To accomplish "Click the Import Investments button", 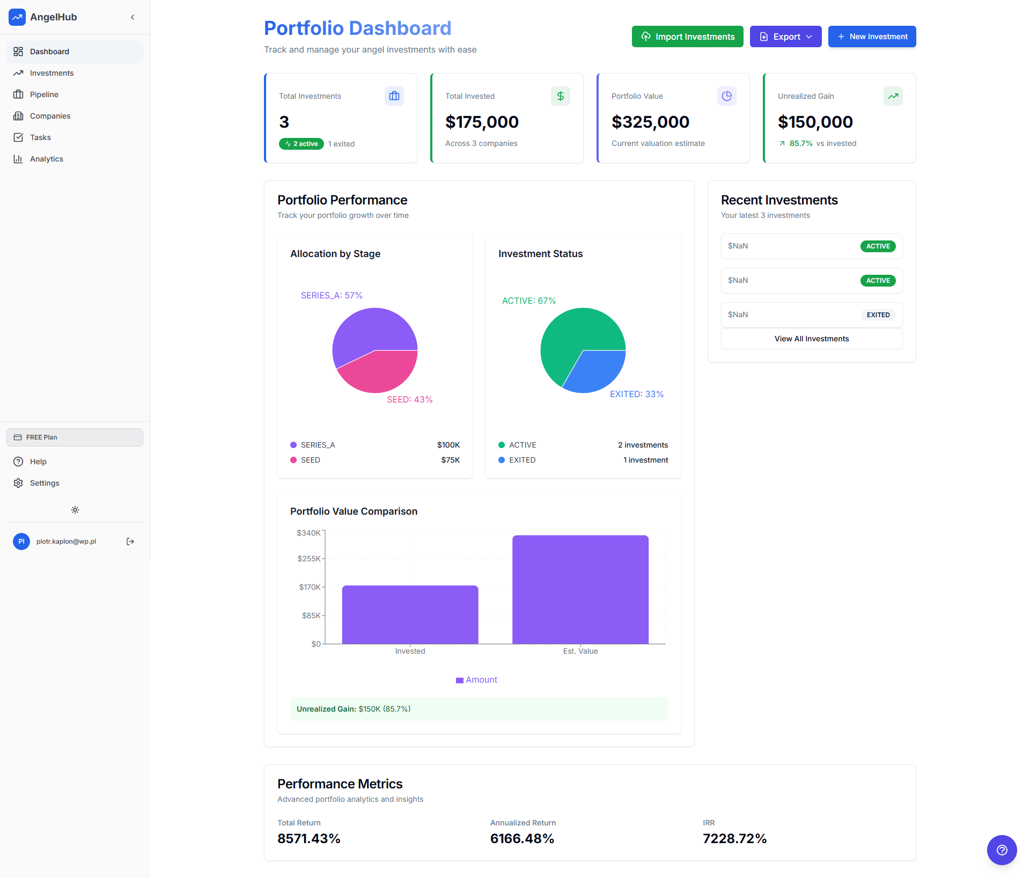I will click(687, 36).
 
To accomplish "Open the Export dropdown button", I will click(785, 36).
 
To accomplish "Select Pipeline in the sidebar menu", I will click(44, 94).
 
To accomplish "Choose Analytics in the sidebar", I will click(46, 159).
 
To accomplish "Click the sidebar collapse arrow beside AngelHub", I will click(133, 17).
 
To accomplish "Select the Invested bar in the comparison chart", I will click(410, 614).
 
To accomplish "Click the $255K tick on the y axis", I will click(309, 559).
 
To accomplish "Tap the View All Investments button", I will click(811, 339).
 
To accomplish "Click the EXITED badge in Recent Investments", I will click(878, 315).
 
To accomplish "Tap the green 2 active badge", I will click(301, 144).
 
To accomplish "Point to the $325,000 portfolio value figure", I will click(650, 122).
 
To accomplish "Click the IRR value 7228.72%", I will click(734, 838).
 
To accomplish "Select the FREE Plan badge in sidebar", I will click(75, 437).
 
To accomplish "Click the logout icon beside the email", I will click(130, 542).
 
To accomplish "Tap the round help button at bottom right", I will click(1002, 850).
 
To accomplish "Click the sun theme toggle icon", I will click(75, 510).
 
